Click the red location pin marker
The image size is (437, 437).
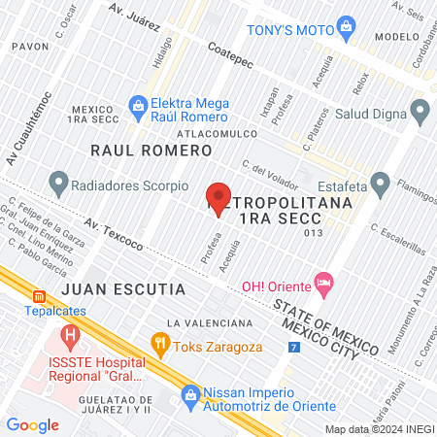219,198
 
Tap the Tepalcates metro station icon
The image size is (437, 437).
39,296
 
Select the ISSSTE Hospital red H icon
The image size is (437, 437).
69,337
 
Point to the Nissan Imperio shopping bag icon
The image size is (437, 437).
190,395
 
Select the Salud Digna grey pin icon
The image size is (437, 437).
420,112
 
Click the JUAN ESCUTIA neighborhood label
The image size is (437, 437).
109,289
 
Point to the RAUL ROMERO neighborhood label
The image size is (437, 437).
151,151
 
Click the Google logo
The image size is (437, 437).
33,424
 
